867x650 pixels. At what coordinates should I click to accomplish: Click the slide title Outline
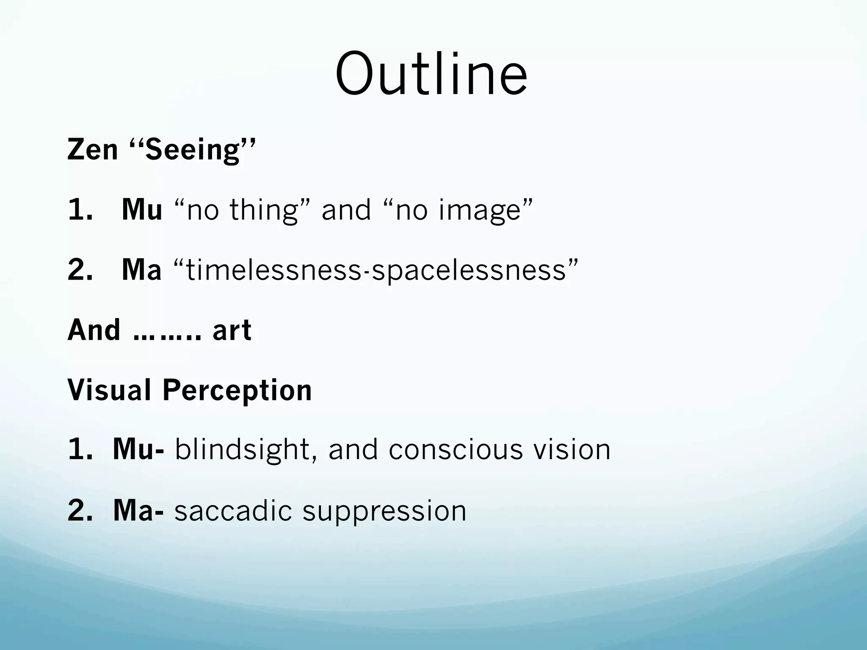click(x=431, y=74)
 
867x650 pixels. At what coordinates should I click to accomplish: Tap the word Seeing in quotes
click(x=193, y=150)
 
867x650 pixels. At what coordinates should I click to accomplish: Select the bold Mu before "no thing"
click(x=142, y=209)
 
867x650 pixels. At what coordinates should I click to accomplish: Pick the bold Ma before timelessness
click(x=141, y=270)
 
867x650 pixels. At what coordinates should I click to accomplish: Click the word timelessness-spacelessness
click(x=376, y=270)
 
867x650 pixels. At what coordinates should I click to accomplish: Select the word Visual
click(x=109, y=390)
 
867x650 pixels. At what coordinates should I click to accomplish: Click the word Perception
click(x=237, y=391)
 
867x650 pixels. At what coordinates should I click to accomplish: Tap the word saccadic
click(x=233, y=510)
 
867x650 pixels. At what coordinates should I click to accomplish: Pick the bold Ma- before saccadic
click(x=138, y=510)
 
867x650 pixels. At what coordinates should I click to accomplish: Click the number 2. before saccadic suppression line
click(x=80, y=510)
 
